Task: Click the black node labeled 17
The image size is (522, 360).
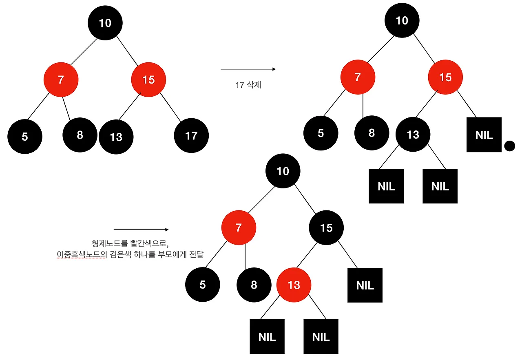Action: [x=191, y=135]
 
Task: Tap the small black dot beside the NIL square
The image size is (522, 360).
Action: [x=510, y=146]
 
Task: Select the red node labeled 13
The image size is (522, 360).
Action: [x=294, y=285]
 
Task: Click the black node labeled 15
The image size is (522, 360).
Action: [x=326, y=228]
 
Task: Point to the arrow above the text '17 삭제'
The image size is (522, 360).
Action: [x=248, y=69]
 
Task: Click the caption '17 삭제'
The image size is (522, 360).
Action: [x=248, y=85]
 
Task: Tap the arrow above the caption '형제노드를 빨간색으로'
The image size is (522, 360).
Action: [x=141, y=230]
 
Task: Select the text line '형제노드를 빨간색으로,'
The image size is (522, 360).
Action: [x=130, y=243]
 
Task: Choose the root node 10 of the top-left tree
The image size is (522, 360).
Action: [x=105, y=23]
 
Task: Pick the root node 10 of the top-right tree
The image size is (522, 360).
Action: [x=402, y=20]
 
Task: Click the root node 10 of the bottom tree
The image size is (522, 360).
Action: [x=283, y=171]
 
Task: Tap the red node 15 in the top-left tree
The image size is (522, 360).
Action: [x=148, y=80]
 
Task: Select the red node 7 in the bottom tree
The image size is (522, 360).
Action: [x=239, y=228]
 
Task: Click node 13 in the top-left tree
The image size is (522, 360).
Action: [x=116, y=137]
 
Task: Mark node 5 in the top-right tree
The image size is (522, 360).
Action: [x=321, y=133]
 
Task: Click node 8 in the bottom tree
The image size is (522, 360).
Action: [x=254, y=285]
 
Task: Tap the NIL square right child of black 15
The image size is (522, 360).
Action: [x=365, y=285]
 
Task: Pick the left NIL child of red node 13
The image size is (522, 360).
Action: [x=267, y=337]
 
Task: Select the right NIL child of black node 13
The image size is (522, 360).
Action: [x=440, y=186]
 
